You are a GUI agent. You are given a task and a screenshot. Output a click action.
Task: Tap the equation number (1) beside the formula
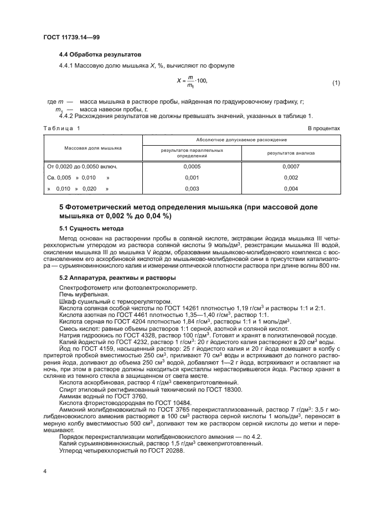click(336, 83)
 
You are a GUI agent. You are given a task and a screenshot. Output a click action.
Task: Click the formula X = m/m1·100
click(192, 83)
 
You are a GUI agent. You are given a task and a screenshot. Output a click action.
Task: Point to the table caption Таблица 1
click(61, 128)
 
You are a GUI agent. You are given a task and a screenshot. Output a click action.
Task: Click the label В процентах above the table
click(324, 128)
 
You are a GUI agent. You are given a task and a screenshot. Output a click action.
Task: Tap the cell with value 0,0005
click(191, 166)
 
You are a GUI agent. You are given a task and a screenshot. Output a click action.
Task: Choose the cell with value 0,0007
click(290, 166)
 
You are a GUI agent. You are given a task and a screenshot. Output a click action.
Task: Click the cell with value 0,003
click(191, 189)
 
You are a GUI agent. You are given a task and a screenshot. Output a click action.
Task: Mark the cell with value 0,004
click(290, 189)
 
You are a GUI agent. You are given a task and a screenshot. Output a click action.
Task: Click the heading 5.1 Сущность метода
click(91, 228)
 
